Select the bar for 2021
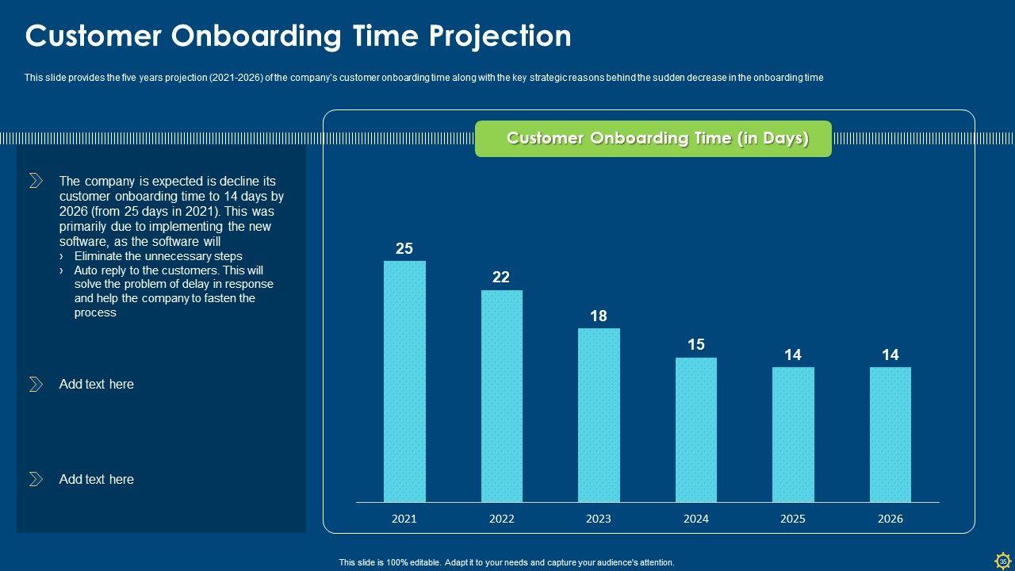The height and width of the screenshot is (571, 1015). [404, 381]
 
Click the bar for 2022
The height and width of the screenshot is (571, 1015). [502, 396]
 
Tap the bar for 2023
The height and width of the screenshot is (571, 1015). [599, 415]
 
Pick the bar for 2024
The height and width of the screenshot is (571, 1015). [696, 430]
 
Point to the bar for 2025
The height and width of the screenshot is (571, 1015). [793, 435]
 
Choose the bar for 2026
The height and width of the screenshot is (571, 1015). [891, 435]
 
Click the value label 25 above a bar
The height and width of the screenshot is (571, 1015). [404, 249]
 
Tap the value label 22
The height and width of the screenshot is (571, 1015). [501, 278]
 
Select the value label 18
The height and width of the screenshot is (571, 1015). [599, 316]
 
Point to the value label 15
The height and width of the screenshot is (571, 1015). [696, 345]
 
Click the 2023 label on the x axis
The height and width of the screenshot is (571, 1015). [599, 519]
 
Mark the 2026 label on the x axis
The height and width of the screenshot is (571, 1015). [891, 519]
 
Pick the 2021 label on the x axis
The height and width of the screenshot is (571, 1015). [404, 519]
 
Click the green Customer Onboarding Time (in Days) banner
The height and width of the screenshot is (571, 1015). [653, 139]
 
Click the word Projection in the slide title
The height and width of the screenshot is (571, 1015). [500, 36]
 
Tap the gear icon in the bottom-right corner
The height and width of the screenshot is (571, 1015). [1002, 560]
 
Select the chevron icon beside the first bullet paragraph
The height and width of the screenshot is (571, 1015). [36, 181]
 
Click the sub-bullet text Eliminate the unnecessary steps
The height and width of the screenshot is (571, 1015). [158, 256]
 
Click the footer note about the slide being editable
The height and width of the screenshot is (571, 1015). [507, 562]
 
